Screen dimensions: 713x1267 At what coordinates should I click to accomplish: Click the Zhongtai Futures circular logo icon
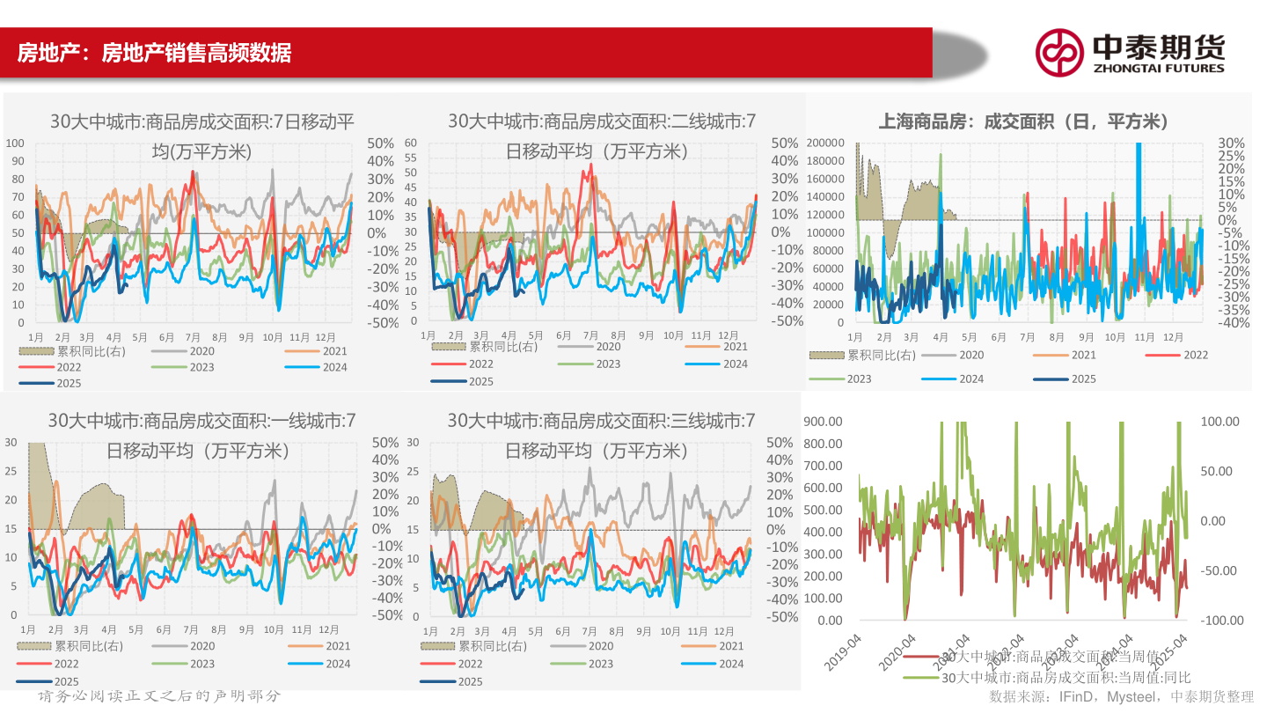1058,52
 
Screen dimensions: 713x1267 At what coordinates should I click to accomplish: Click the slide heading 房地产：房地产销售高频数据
154,53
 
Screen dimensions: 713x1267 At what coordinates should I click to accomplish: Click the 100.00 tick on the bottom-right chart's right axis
1220,422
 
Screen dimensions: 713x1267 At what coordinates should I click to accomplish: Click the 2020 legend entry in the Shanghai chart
970,355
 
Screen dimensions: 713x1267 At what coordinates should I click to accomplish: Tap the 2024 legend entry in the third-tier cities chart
733,664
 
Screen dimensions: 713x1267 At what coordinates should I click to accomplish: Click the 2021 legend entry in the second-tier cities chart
735,346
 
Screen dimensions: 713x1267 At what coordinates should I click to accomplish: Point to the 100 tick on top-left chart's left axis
15,143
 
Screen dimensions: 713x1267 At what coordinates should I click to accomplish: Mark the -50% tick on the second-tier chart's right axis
786,320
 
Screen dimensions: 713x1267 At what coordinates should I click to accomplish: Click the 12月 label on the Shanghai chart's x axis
1172,337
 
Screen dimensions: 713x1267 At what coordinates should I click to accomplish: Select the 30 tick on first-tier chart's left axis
11,442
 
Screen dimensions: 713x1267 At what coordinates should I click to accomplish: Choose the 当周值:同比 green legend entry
1066,677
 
